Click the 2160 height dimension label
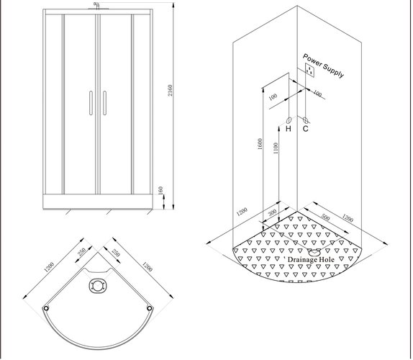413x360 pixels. [x=171, y=91]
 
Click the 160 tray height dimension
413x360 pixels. [x=161, y=191]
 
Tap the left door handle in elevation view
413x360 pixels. [x=91, y=103]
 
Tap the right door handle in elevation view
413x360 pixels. [x=105, y=103]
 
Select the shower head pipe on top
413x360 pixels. [x=96, y=5]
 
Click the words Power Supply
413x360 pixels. [x=324, y=66]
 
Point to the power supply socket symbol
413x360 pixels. [x=309, y=70]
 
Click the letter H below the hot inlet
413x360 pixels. [x=289, y=129]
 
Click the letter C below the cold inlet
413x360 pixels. [x=306, y=129]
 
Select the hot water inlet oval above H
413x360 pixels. [x=289, y=120]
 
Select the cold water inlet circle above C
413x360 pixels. [x=306, y=120]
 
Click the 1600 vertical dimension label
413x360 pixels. [x=260, y=144]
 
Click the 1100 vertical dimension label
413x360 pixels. [x=276, y=148]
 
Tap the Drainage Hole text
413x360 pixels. [x=311, y=260]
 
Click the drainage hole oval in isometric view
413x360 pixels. [x=314, y=253]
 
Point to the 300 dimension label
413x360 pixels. [x=273, y=212]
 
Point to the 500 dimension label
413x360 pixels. [x=325, y=217]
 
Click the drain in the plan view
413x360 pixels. [x=98, y=286]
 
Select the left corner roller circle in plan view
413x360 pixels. [x=46, y=308]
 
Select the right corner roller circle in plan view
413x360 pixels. [x=150, y=308]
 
